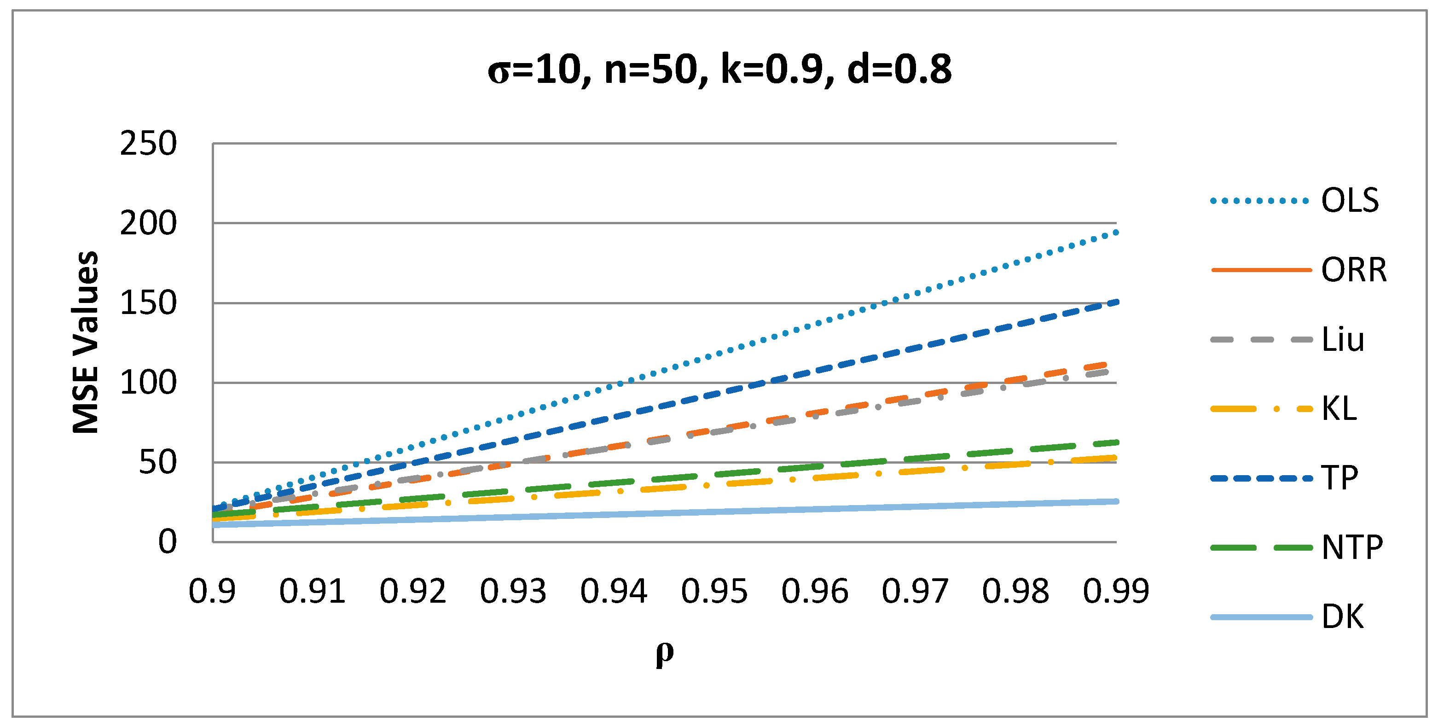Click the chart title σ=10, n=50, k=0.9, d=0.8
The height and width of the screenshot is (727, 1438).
pos(719,70)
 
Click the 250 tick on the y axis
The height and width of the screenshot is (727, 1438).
pos(148,144)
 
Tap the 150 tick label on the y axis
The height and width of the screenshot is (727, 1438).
pos(148,303)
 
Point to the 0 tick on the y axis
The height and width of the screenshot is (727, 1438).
pos(167,541)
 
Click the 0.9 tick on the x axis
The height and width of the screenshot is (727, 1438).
pos(212,591)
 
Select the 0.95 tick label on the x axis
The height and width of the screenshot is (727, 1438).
pos(714,591)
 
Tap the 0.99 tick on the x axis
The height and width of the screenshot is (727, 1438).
pos(1116,591)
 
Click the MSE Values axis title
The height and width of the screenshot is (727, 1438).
pos(86,342)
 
